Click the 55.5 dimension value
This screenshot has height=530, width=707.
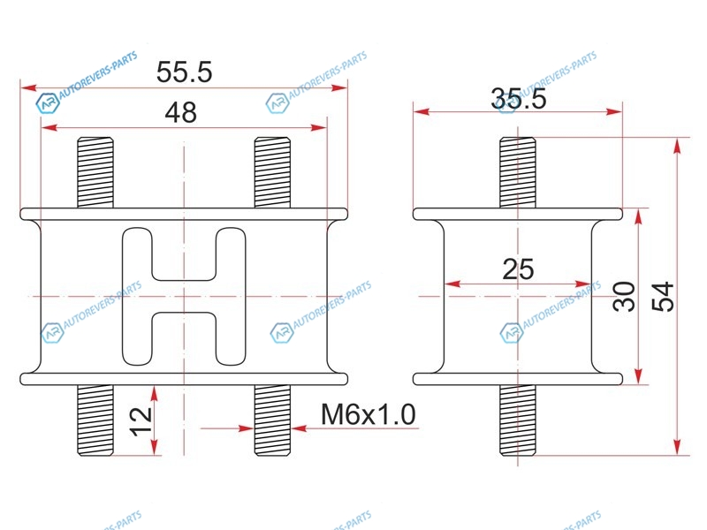tap(184, 72)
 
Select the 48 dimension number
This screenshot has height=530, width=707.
tap(181, 113)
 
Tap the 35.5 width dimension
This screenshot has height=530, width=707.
tap(519, 98)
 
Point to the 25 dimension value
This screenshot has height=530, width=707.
tap(518, 269)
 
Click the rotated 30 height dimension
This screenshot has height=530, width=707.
tap(624, 296)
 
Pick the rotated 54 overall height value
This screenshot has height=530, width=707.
tap(663, 297)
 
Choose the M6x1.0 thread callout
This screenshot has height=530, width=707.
tap(368, 414)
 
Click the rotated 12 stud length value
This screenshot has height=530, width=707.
tap(141, 421)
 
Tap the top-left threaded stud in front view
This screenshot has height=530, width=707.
tap(95, 172)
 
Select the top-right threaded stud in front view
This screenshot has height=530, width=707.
tap(272, 172)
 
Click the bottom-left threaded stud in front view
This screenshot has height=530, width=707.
tap(95, 420)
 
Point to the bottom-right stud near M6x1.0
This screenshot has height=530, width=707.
tap(272, 420)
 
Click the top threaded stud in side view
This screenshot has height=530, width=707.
tap(518, 172)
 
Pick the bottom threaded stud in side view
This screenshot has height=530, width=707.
tap(518, 420)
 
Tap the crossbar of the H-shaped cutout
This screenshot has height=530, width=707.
tap(184, 296)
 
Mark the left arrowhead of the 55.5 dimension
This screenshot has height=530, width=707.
tap(29, 87)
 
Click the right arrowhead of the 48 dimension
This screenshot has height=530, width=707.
tap(319, 127)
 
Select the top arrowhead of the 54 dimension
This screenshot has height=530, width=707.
tap(677, 147)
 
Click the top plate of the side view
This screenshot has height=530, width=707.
tap(518, 214)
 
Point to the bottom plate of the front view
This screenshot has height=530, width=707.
tap(184, 379)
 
